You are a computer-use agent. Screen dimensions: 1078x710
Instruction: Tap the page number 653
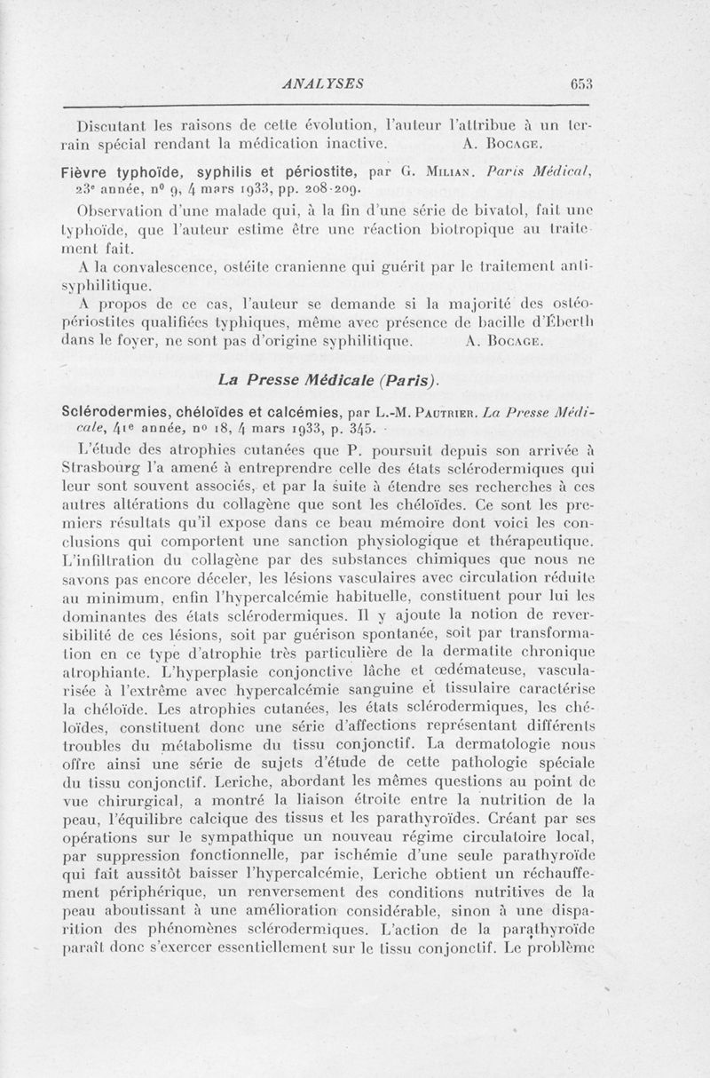click(x=582, y=83)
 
